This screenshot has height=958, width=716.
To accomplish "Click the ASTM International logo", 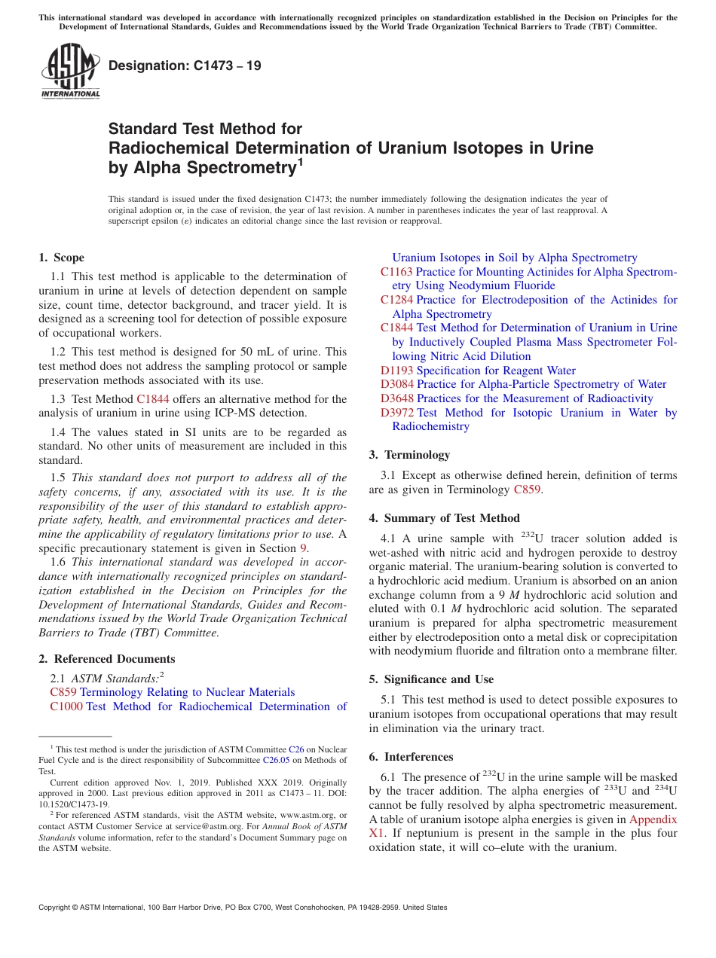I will coord(70,70).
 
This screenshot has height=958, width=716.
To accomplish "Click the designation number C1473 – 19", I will coord(185,66).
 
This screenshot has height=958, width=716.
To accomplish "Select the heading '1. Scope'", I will coord(61,258).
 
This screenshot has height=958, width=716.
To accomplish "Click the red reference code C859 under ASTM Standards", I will coord(63,692).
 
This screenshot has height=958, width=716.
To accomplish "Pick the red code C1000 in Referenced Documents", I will coord(66,706).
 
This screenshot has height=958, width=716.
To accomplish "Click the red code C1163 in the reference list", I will coord(396,272).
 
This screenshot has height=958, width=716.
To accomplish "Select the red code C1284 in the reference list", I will coord(396,300).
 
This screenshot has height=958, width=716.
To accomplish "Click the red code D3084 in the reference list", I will coord(396,384).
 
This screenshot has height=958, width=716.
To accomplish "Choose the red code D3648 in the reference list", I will coord(396,398).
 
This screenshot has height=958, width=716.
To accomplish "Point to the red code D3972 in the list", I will coord(396,413).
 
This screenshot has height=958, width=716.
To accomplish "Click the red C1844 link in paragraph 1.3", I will coord(152,399).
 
